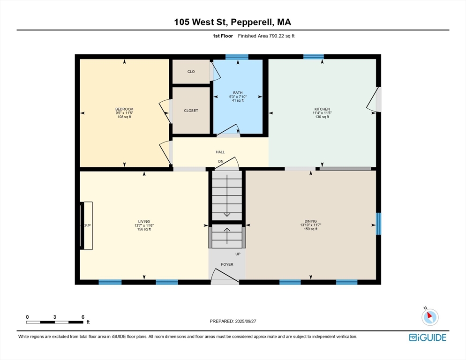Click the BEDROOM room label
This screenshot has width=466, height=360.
click(124, 109)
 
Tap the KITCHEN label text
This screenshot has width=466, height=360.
click(322, 109)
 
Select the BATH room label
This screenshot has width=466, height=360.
click(238, 93)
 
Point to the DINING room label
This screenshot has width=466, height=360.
click(310, 221)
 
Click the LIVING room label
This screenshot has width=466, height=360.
click(144, 221)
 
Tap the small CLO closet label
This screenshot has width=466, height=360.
click(191, 72)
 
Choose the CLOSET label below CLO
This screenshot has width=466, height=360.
click(191, 111)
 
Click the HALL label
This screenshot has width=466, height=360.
click(220, 152)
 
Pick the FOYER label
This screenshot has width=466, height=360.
click(227, 264)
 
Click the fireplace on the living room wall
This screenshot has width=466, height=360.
click(86, 225)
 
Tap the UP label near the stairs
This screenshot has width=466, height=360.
click(238, 254)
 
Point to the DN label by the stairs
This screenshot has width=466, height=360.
click(220, 161)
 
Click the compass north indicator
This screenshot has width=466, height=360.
click(430, 316)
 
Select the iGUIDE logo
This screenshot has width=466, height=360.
click(428, 337)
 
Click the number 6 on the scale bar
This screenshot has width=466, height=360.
click(83, 317)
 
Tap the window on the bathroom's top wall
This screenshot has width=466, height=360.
click(237, 57)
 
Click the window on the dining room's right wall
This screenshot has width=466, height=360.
click(379, 224)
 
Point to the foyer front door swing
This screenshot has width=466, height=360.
click(225, 277)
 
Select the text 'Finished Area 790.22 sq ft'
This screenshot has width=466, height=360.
click(266, 36)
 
